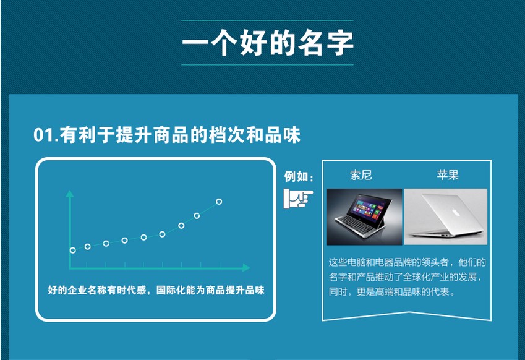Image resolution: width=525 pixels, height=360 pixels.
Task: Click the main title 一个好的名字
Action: click(268, 43)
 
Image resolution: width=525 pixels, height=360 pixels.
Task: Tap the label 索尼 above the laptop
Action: click(361, 175)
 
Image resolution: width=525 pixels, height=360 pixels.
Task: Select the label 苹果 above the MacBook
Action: click(448, 175)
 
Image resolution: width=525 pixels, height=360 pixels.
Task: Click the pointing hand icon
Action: click(297, 199)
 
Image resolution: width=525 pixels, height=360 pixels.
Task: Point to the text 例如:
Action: click(299, 176)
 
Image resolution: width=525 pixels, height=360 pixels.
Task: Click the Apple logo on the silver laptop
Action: click(455, 212)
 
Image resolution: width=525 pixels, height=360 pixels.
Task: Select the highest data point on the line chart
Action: click(219, 202)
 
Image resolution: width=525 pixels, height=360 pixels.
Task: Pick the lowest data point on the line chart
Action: click(72, 250)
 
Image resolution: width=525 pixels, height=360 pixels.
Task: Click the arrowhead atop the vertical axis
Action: click(70, 194)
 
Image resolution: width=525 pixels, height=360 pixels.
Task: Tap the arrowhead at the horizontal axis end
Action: click(246, 268)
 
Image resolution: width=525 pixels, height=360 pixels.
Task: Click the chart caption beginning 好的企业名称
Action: click(156, 290)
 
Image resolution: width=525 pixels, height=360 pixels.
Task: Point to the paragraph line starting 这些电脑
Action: click(407, 262)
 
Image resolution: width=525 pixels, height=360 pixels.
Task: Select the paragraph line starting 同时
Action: click(392, 292)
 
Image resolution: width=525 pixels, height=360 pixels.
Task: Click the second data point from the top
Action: click(197, 216)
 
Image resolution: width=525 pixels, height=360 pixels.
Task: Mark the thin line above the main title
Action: click(268, 20)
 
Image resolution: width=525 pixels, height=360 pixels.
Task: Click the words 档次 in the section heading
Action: click(227, 135)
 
